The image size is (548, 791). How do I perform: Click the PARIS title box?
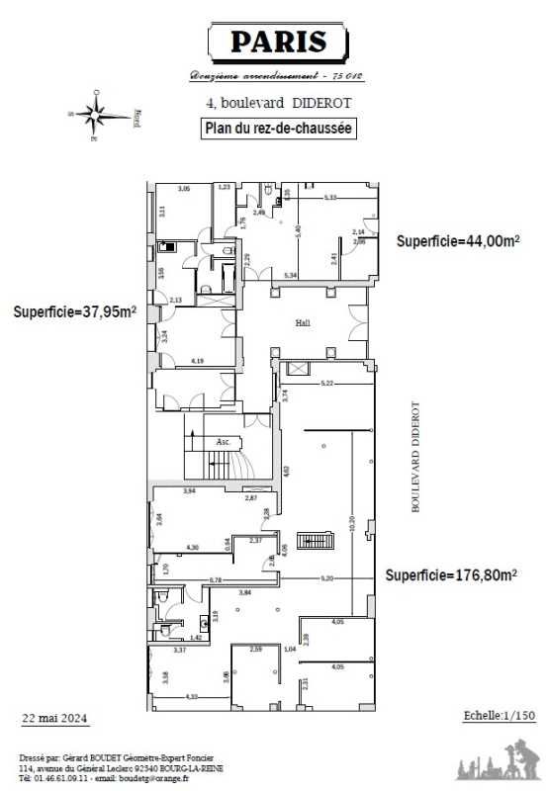[278, 43]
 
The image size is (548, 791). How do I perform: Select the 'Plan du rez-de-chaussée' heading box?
[278, 128]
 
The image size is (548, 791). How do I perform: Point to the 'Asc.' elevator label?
[223, 442]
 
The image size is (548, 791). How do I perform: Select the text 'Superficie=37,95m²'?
[74, 311]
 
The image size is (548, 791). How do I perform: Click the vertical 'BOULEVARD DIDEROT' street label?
[415, 456]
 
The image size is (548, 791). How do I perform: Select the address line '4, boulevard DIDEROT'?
[278, 103]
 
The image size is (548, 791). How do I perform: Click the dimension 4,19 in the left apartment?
[197, 361]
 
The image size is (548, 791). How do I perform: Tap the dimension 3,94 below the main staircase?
[189, 490]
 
